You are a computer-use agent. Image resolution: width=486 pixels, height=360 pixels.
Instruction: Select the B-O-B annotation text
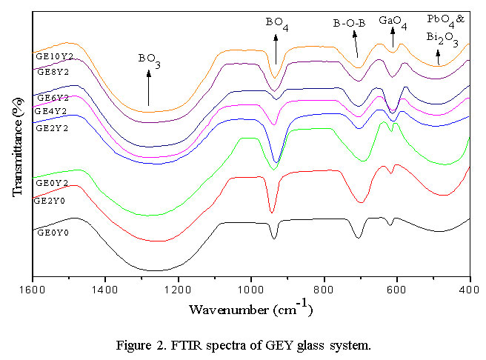(x=349, y=24)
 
